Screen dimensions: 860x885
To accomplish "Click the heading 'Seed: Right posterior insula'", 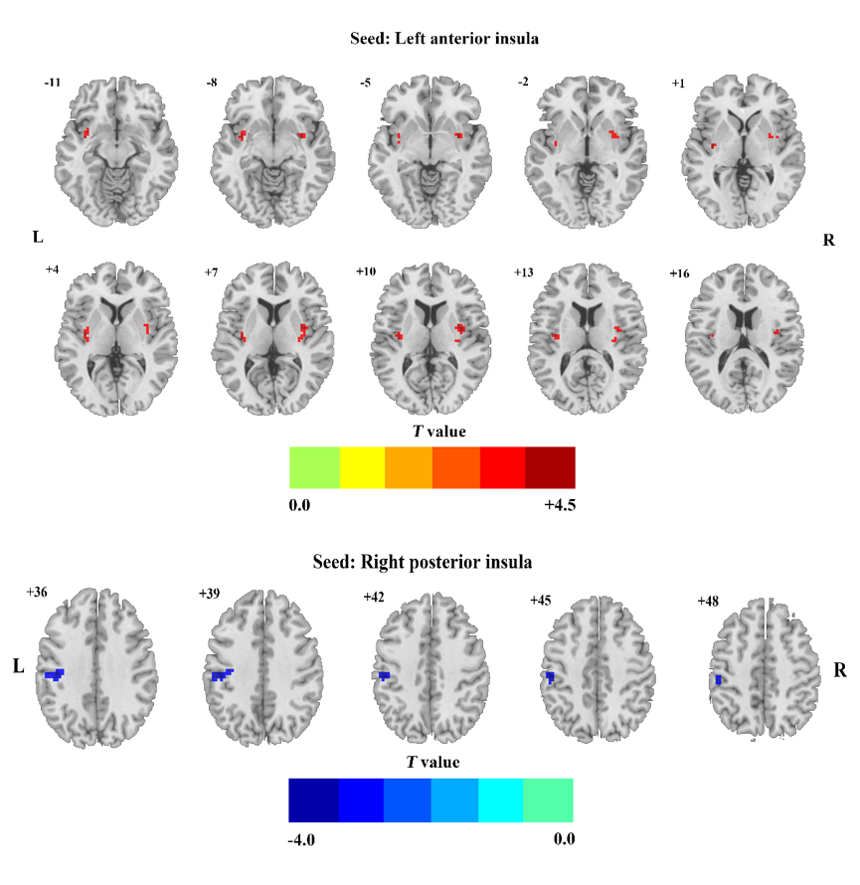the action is point(430,562).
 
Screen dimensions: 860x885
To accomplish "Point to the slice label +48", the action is point(708,602).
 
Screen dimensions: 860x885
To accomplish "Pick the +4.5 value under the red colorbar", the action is point(560,504).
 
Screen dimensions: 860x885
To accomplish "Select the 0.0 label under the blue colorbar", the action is point(564,839).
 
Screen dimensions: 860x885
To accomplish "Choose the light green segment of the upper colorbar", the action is point(313,467).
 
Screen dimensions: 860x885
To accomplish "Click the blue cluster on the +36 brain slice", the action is point(55,675).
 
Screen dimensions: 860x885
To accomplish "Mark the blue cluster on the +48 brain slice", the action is point(717,680).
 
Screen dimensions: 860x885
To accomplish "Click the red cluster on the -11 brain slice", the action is point(86,132).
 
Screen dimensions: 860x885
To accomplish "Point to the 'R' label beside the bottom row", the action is point(839,670).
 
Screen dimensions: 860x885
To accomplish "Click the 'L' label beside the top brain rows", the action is point(39,239).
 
